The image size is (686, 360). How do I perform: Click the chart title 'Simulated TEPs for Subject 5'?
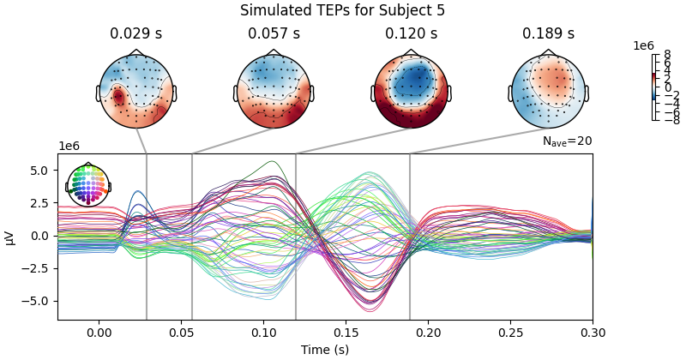[x=342, y=11]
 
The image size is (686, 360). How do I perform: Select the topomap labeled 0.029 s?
[x=136, y=92]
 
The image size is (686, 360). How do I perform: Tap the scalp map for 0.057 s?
[x=274, y=92]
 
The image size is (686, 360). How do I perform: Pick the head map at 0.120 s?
[x=411, y=92]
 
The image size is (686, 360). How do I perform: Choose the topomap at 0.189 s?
[x=548, y=92]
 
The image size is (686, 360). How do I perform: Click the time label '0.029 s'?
[x=136, y=34]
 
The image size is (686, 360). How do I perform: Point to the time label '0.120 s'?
[x=411, y=34]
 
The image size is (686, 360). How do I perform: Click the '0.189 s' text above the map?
[x=548, y=34]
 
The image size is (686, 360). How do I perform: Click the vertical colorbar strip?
[x=654, y=87]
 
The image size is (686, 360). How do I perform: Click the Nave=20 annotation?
[x=567, y=141]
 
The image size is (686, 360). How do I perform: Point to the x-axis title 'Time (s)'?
[x=325, y=350]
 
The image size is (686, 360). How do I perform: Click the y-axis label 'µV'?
[x=9, y=237]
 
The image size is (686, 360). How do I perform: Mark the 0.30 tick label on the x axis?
[x=593, y=333]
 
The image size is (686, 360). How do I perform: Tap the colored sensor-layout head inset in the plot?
[x=87, y=184]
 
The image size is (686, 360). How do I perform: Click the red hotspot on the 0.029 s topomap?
[x=118, y=97]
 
